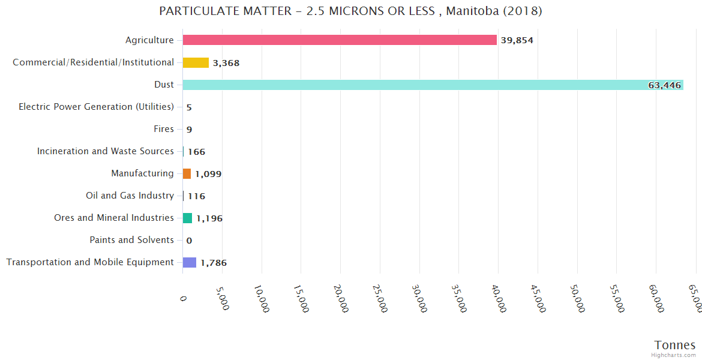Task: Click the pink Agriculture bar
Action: point(340,40)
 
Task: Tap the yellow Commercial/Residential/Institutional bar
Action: point(196,62)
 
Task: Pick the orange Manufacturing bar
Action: point(187,173)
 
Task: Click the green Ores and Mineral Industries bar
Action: point(187,218)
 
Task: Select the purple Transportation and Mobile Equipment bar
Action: point(190,262)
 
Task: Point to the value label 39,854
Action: point(517,41)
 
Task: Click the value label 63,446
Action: point(664,85)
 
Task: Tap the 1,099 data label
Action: point(208,174)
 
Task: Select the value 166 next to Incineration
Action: point(196,152)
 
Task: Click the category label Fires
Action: point(164,129)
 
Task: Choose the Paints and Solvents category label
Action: point(131,240)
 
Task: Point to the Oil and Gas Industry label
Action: point(130,196)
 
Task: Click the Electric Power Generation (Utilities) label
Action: point(96,107)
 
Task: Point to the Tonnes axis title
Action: point(674,345)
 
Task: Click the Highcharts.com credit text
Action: point(674,355)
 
